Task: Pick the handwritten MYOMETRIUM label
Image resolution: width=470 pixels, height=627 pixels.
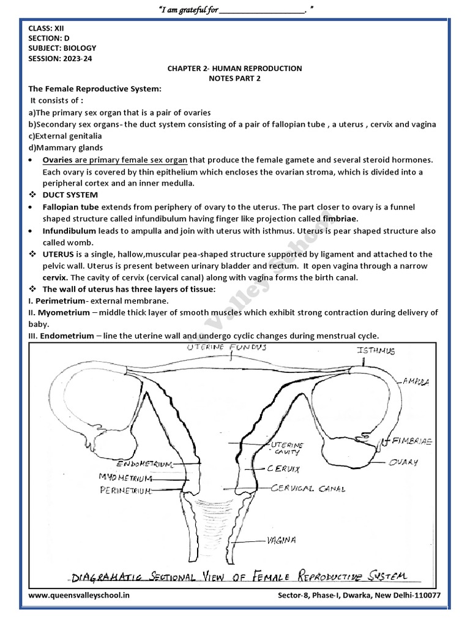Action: pyautogui.click(x=127, y=476)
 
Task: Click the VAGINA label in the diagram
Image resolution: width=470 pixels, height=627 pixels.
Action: pyautogui.click(x=282, y=540)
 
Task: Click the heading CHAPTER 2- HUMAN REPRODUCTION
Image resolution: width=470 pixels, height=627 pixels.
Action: pyautogui.click(x=235, y=69)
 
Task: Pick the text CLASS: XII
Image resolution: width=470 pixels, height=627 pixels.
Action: pyautogui.click(x=45, y=28)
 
